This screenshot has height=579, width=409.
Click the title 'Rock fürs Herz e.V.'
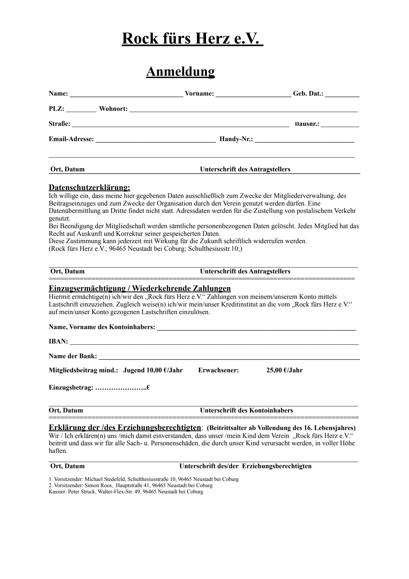[192, 38]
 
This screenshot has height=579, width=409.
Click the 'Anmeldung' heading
[180, 71]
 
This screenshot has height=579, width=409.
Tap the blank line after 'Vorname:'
[253, 95]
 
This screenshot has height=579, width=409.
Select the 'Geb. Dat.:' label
[308, 94]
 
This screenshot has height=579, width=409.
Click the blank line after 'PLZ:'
[81, 110]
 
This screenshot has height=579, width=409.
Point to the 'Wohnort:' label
[113, 109]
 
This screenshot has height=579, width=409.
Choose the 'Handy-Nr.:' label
[236, 139]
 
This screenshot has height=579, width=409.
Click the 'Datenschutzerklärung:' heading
[90, 187]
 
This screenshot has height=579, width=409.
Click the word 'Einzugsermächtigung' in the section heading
[87, 288]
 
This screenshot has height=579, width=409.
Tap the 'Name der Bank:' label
[73, 356]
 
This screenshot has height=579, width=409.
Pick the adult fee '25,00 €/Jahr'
[284, 370]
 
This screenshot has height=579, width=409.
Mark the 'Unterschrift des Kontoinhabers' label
[246, 411]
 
